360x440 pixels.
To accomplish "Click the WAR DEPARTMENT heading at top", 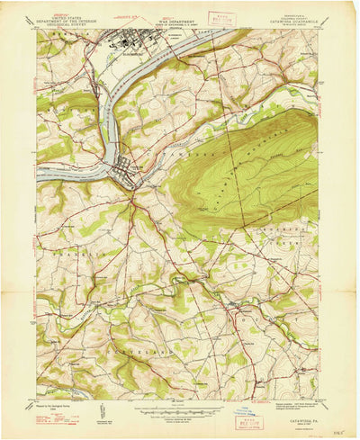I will coord(180,13).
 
